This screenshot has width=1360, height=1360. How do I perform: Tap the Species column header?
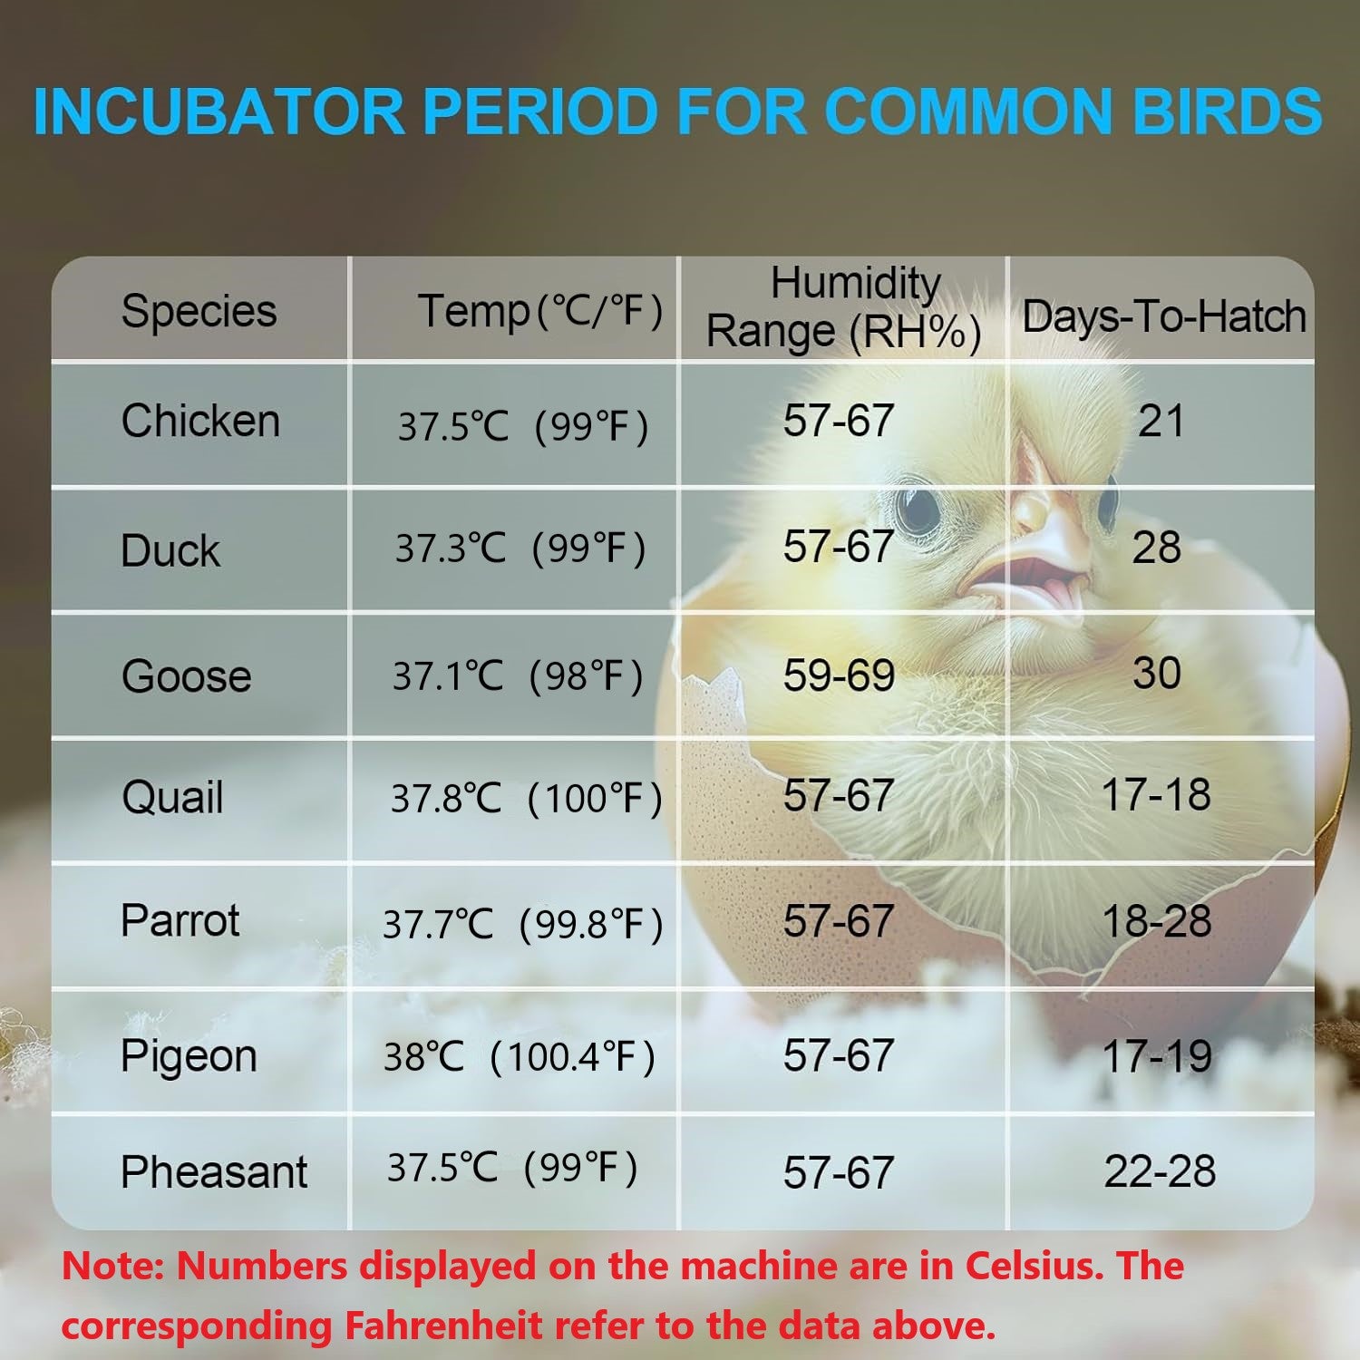click(x=199, y=311)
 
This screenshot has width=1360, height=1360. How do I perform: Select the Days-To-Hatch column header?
click(x=1164, y=317)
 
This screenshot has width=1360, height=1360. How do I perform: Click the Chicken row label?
click(x=200, y=422)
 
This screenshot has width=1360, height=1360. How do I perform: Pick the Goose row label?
click(x=186, y=676)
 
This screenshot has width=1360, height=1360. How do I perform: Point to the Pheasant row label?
click(x=214, y=1171)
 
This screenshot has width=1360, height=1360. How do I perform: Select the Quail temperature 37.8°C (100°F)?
click(x=526, y=798)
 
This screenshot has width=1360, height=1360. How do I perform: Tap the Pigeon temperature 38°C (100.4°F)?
click(x=519, y=1057)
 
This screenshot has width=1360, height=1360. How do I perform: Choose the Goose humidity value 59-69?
click(x=839, y=675)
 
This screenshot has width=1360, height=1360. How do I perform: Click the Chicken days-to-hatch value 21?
click(x=1161, y=422)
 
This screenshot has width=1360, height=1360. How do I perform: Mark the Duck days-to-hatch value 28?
click(x=1157, y=548)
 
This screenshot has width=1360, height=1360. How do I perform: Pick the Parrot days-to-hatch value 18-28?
click(x=1157, y=921)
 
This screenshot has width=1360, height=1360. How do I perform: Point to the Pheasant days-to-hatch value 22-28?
click(x=1160, y=1171)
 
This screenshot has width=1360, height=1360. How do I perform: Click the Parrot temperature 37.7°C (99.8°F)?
click(x=523, y=924)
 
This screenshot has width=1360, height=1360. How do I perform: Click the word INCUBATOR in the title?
click(x=218, y=111)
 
